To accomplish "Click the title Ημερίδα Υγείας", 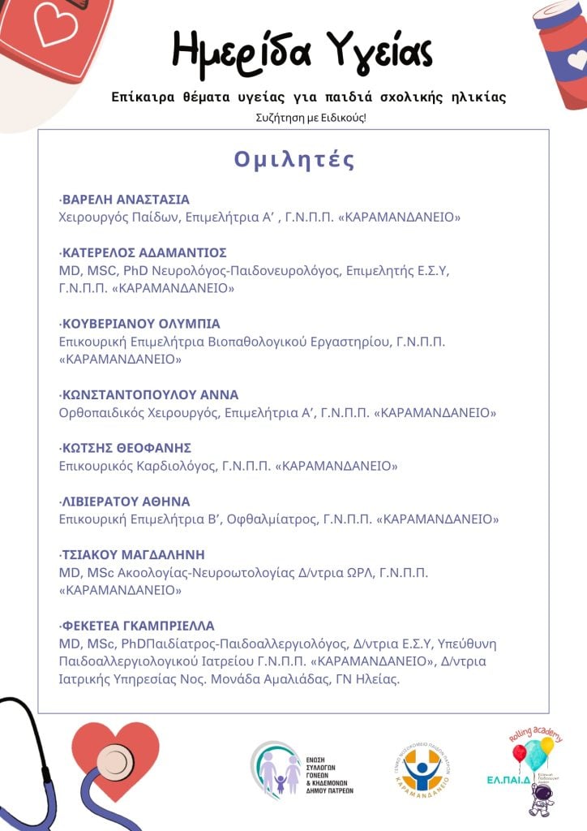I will point(302,50).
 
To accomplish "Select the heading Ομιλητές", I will point(294,159).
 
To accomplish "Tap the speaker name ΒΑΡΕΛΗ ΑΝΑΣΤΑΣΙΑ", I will point(126,200).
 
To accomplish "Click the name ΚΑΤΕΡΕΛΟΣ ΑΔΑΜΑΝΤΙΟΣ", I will point(144,252).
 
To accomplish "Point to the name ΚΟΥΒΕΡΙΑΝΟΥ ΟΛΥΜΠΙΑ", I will point(141,324).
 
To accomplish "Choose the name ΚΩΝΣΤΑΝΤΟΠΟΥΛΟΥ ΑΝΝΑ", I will point(150,395).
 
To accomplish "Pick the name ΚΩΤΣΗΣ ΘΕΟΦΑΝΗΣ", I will point(126,448).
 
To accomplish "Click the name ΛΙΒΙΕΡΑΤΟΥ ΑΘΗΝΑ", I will point(126,502).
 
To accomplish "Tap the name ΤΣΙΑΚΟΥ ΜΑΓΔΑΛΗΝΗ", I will point(133,555).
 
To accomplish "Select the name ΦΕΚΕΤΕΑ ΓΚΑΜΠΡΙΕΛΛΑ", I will point(138,626).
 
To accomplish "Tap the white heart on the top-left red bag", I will point(54,25).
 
